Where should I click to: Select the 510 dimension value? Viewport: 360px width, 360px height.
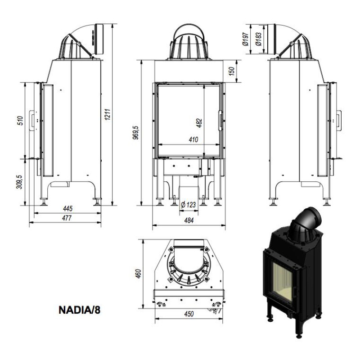[x=20, y=120]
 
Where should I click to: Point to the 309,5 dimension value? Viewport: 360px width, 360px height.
[x=20, y=182]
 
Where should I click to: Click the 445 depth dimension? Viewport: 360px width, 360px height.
[x=68, y=209]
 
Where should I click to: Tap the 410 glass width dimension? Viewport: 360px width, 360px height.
[x=193, y=140]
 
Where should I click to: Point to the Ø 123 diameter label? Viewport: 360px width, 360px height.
[x=188, y=205]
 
